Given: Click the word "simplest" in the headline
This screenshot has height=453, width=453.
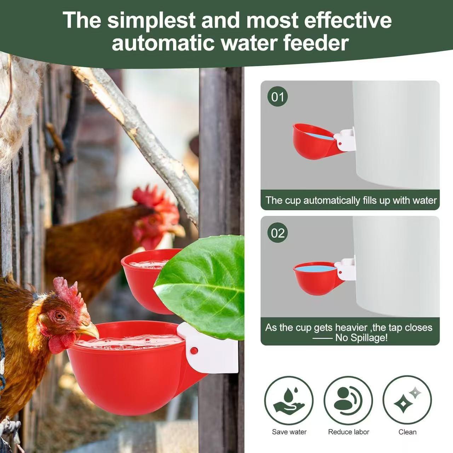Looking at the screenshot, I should (x=151, y=20).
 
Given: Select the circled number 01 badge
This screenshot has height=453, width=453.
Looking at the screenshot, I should (x=277, y=97).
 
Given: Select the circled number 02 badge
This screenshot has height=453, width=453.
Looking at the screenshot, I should (x=277, y=233).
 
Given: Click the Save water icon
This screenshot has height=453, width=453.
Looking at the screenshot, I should (x=289, y=400).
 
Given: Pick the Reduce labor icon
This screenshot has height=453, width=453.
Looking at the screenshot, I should (x=348, y=400).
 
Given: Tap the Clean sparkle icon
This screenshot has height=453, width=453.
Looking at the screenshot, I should (x=407, y=400).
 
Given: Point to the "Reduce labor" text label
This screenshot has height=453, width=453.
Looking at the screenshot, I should (x=348, y=432).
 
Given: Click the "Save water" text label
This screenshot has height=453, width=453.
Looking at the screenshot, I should (x=289, y=432).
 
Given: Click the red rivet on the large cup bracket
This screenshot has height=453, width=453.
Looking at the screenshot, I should (x=194, y=351).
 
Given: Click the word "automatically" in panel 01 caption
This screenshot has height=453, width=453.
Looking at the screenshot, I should (x=331, y=200).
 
